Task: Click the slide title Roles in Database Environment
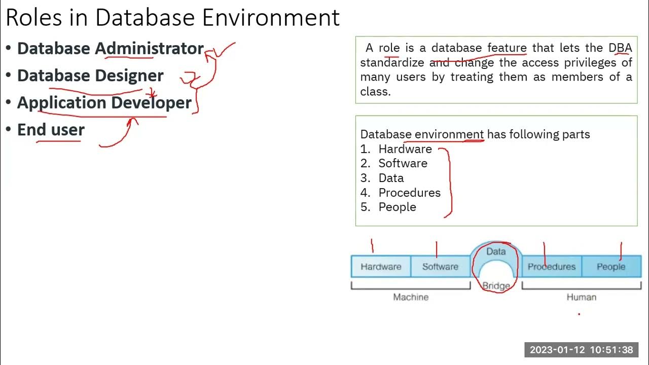point(172,17)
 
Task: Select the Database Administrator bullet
point(111,48)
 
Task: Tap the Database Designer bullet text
point(90,76)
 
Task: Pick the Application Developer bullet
point(104,102)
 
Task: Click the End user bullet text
point(51,130)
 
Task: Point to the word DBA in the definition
point(620,48)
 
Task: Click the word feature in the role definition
point(507,48)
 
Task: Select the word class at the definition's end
point(375,92)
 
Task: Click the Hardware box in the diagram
point(381,267)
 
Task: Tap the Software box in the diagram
point(440,267)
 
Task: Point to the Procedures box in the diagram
point(551,267)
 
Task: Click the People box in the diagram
point(611,267)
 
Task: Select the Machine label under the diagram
point(411,297)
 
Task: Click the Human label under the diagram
point(581,297)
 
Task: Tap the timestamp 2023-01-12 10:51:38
point(581,350)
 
